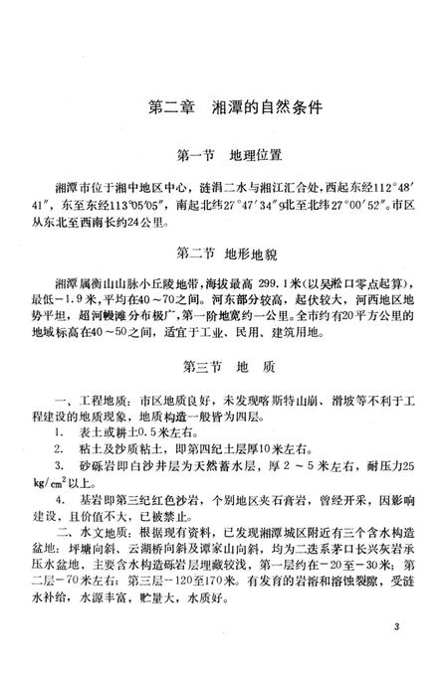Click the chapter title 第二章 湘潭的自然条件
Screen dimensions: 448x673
[224, 107]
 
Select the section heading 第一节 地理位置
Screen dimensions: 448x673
[224, 155]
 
